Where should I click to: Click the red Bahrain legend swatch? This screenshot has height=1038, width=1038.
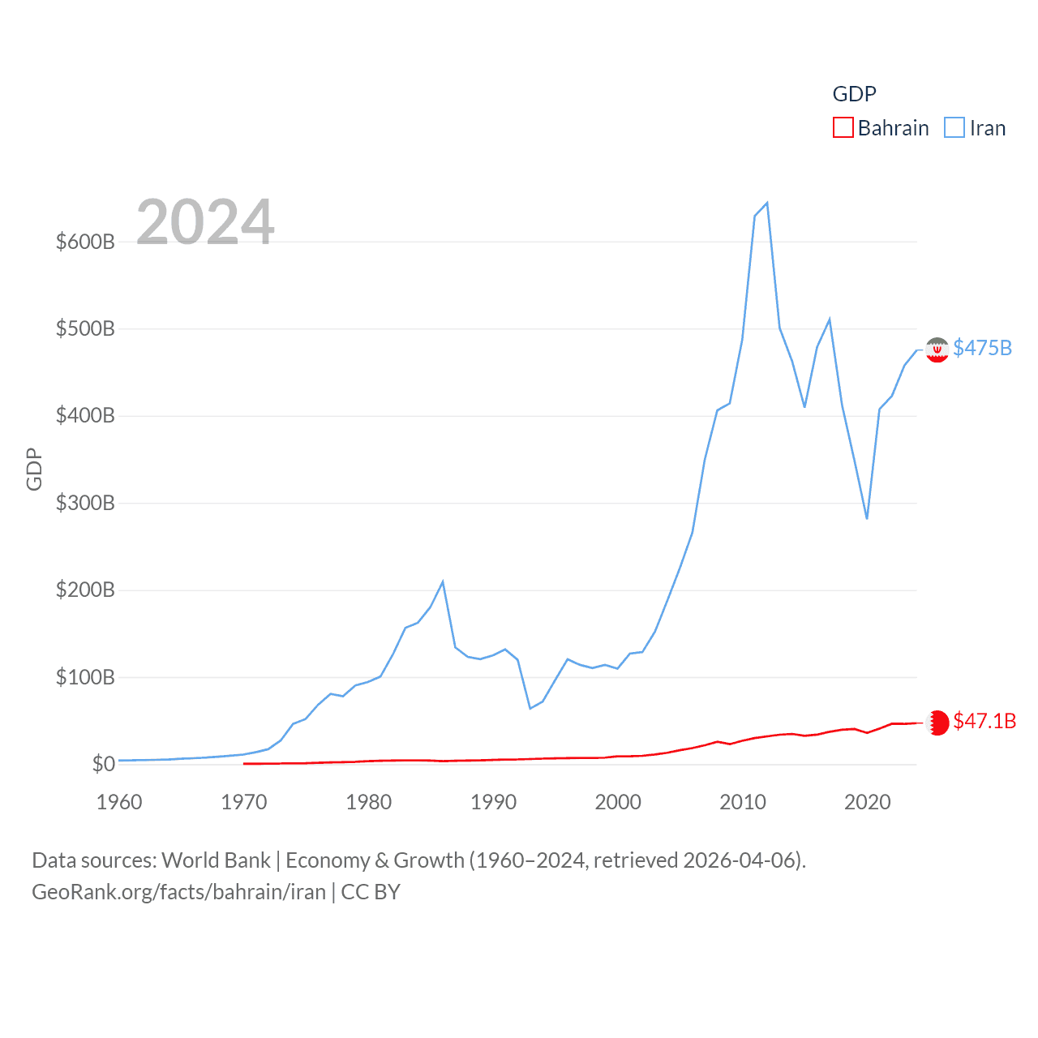[x=843, y=128]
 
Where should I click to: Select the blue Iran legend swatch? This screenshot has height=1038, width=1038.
[x=954, y=128]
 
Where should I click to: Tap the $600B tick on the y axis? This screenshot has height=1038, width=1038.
[x=85, y=242]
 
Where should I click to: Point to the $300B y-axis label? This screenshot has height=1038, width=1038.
[x=85, y=503]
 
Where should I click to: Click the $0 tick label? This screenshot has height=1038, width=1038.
[x=103, y=764]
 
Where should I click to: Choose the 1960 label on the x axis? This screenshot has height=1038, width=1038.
[x=119, y=802]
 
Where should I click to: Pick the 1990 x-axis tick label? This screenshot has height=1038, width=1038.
[x=493, y=802]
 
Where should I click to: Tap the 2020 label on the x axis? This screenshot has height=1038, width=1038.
[x=867, y=802]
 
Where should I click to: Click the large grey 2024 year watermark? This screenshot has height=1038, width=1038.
[x=205, y=221]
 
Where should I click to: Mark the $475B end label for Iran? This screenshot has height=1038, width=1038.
[x=982, y=348]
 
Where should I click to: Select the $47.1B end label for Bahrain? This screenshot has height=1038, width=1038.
[x=984, y=721]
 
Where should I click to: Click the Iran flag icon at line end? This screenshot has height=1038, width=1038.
[x=937, y=350]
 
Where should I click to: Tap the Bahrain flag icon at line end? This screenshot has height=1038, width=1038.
[x=937, y=723]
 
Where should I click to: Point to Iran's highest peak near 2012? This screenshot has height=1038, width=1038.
[x=766, y=203]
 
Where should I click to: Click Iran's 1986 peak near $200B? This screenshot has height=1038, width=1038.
[x=443, y=581]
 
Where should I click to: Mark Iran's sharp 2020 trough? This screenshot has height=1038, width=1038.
[x=867, y=518]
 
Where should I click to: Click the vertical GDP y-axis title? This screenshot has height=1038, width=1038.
[x=34, y=469]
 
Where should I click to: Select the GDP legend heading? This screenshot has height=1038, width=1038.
[x=854, y=94]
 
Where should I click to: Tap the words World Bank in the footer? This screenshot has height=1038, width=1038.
[x=216, y=860]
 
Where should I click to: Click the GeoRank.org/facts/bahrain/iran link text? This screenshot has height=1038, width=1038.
[x=178, y=892]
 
